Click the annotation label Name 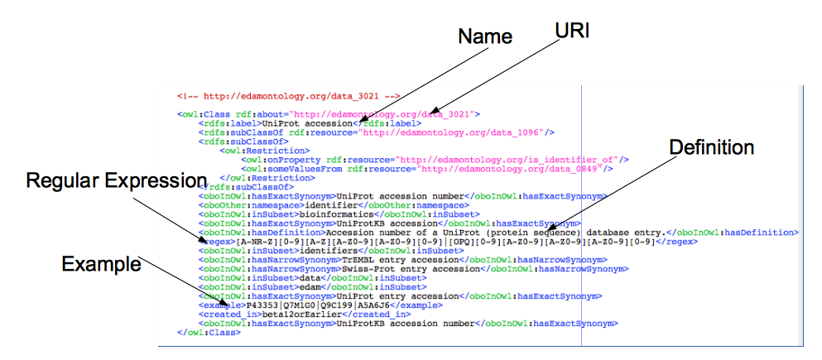(x=485, y=36)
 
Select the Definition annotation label (x=712, y=148)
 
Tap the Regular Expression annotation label (x=117, y=180)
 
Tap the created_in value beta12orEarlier (x=289, y=314)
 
